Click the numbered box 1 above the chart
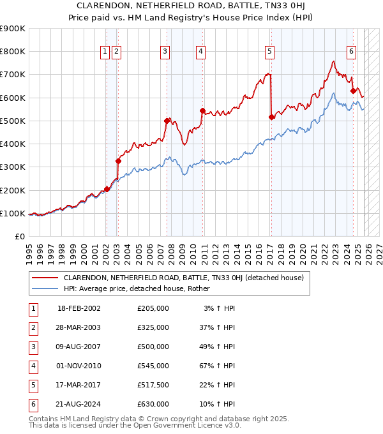(x=105, y=52)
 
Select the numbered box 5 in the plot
(x=270, y=52)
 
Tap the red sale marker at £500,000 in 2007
(x=167, y=121)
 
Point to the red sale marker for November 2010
(x=202, y=110)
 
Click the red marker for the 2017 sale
(x=271, y=117)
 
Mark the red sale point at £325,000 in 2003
(x=118, y=161)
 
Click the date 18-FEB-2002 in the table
(x=79, y=308)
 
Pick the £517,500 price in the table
(x=153, y=385)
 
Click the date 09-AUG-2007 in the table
(x=79, y=347)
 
